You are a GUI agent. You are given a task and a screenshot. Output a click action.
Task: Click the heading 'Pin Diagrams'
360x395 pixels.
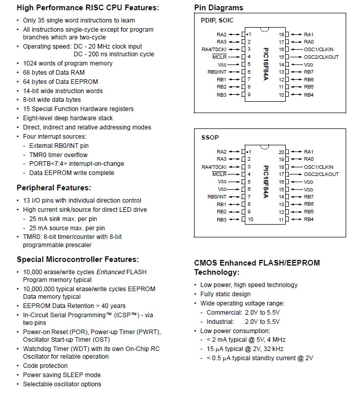point(219,8)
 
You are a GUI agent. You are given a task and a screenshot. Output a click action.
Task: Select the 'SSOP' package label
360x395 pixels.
point(210,138)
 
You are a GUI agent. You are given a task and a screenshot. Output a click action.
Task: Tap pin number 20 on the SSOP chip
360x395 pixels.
point(281,152)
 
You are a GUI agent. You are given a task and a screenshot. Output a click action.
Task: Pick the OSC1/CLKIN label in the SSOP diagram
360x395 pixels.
point(319,167)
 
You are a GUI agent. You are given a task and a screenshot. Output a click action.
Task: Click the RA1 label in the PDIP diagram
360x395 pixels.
point(309,34)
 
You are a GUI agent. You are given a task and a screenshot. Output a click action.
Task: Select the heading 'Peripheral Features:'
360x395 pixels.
point(54,188)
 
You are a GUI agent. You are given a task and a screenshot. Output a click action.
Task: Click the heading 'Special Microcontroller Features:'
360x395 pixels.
point(78,259)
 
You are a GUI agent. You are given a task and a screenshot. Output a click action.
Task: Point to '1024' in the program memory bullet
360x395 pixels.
point(30,63)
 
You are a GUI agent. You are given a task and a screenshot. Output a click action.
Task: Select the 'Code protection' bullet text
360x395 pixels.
point(45,366)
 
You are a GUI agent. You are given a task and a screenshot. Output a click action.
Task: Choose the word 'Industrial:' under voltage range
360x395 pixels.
point(220,321)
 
